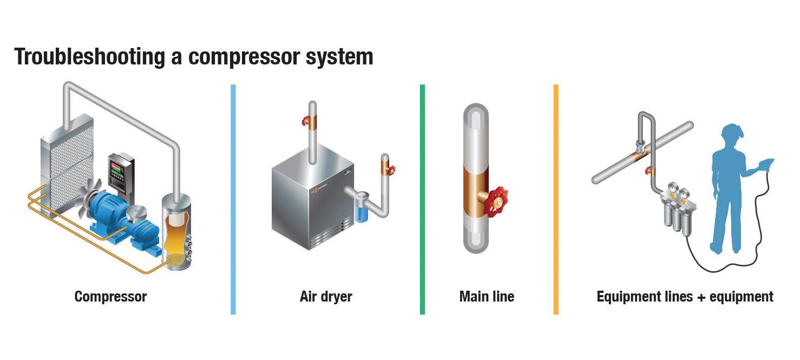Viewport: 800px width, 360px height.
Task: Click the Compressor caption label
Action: (110, 297)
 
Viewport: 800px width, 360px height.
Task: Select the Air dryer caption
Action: (326, 297)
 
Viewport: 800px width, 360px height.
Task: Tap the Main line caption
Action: (487, 297)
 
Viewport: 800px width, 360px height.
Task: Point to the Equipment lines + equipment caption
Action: (685, 297)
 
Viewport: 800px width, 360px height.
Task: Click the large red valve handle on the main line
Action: (496, 201)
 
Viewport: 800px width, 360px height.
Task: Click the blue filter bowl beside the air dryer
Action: (361, 208)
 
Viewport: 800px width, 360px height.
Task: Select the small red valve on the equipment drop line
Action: (648, 172)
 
